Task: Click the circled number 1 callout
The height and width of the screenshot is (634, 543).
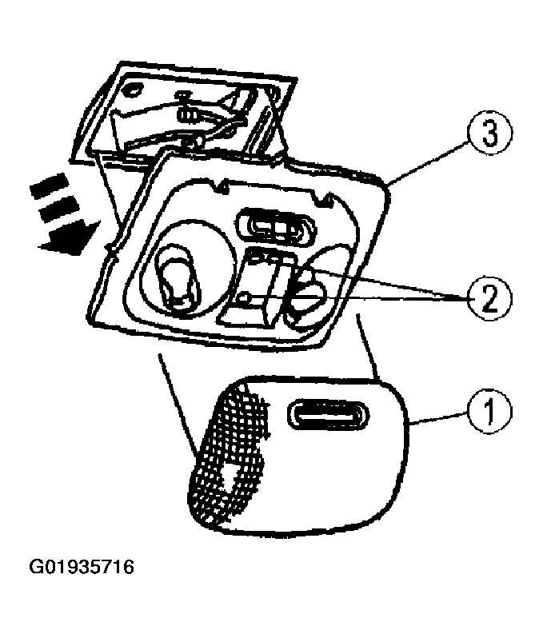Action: [x=489, y=411]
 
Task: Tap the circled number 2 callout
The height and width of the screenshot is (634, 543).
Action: [x=489, y=299]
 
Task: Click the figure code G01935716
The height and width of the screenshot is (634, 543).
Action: [x=82, y=567]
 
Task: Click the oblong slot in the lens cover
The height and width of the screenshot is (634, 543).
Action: [x=328, y=416]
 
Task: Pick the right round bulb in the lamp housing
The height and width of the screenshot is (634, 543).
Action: [x=307, y=293]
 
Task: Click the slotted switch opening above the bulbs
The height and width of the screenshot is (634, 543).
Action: [x=275, y=229]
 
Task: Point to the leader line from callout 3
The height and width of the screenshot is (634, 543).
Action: [x=429, y=164]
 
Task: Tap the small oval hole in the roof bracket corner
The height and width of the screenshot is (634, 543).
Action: [x=133, y=90]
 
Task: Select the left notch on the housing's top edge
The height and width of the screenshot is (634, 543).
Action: [x=221, y=186]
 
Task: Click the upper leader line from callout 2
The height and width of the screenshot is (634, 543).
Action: [x=387, y=283]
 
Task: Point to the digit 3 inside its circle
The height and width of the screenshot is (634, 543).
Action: [x=489, y=133]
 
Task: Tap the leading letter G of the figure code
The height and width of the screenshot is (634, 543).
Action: [x=35, y=567]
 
